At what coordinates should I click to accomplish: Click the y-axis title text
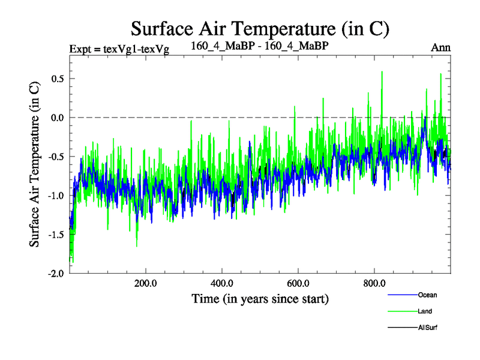(35, 163)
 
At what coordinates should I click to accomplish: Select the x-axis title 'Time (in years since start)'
(260, 298)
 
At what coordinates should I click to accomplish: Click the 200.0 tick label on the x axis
(145, 283)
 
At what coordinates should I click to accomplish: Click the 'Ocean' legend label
(428, 295)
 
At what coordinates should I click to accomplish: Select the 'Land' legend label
(425, 311)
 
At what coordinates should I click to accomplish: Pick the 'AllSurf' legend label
(428, 328)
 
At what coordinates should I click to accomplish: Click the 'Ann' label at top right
(441, 47)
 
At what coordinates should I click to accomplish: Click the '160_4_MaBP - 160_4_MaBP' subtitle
(259, 46)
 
